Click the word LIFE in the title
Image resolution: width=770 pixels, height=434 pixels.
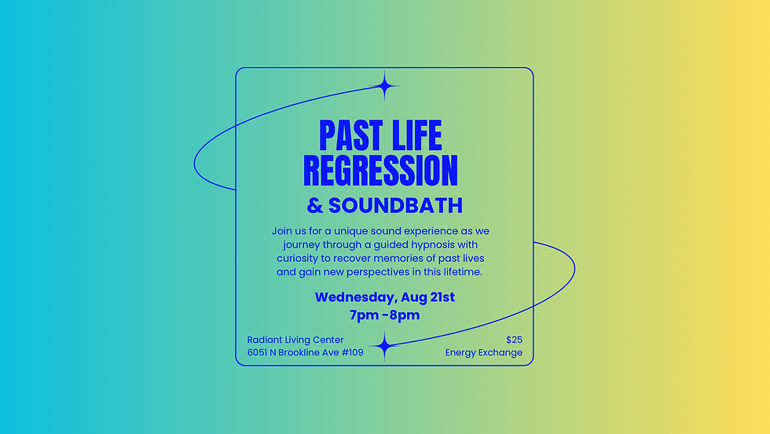(x=413, y=135)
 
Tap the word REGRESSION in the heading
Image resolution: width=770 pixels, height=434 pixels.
(x=380, y=171)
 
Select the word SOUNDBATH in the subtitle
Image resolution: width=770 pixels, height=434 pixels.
(x=395, y=206)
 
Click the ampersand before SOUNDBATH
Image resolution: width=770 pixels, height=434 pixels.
(x=315, y=206)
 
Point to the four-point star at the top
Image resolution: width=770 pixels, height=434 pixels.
(x=385, y=86)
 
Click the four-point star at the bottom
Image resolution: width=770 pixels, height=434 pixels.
(x=384, y=345)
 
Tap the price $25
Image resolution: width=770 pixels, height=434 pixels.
(x=514, y=340)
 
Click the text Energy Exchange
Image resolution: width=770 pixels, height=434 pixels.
(x=483, y=353)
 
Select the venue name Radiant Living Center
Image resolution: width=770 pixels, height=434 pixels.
(x=295, y=340)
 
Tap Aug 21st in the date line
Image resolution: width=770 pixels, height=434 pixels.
(x=427, y=297)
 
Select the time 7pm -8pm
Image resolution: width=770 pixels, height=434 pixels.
(x=385, y=315)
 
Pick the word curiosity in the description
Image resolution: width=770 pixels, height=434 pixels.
(x=299, y=258)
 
